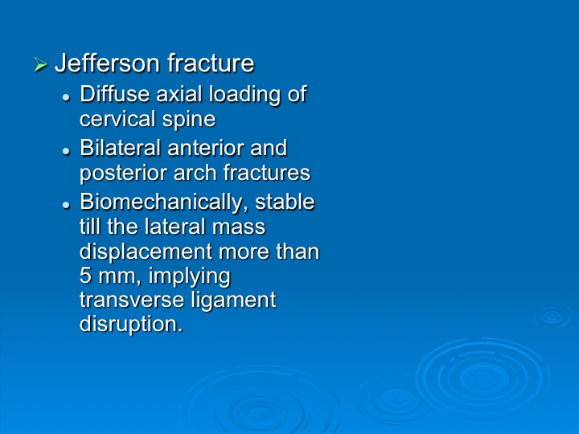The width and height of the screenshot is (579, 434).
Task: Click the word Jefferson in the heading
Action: pos(107,63)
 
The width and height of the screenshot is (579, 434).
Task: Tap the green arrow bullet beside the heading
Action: pos(41,64)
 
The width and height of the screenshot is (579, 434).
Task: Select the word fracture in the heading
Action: pos(211,63)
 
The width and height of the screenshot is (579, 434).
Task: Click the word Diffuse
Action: pos(114,94)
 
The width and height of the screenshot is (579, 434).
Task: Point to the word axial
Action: pos(180,94)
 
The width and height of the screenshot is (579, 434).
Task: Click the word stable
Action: pos(285,202)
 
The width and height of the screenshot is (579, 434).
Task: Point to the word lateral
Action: pos(175,227)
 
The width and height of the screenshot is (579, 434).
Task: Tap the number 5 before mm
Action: pos(85,276)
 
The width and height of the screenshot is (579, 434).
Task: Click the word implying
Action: pos(189,277)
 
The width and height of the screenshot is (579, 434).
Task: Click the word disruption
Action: pos(131,325)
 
